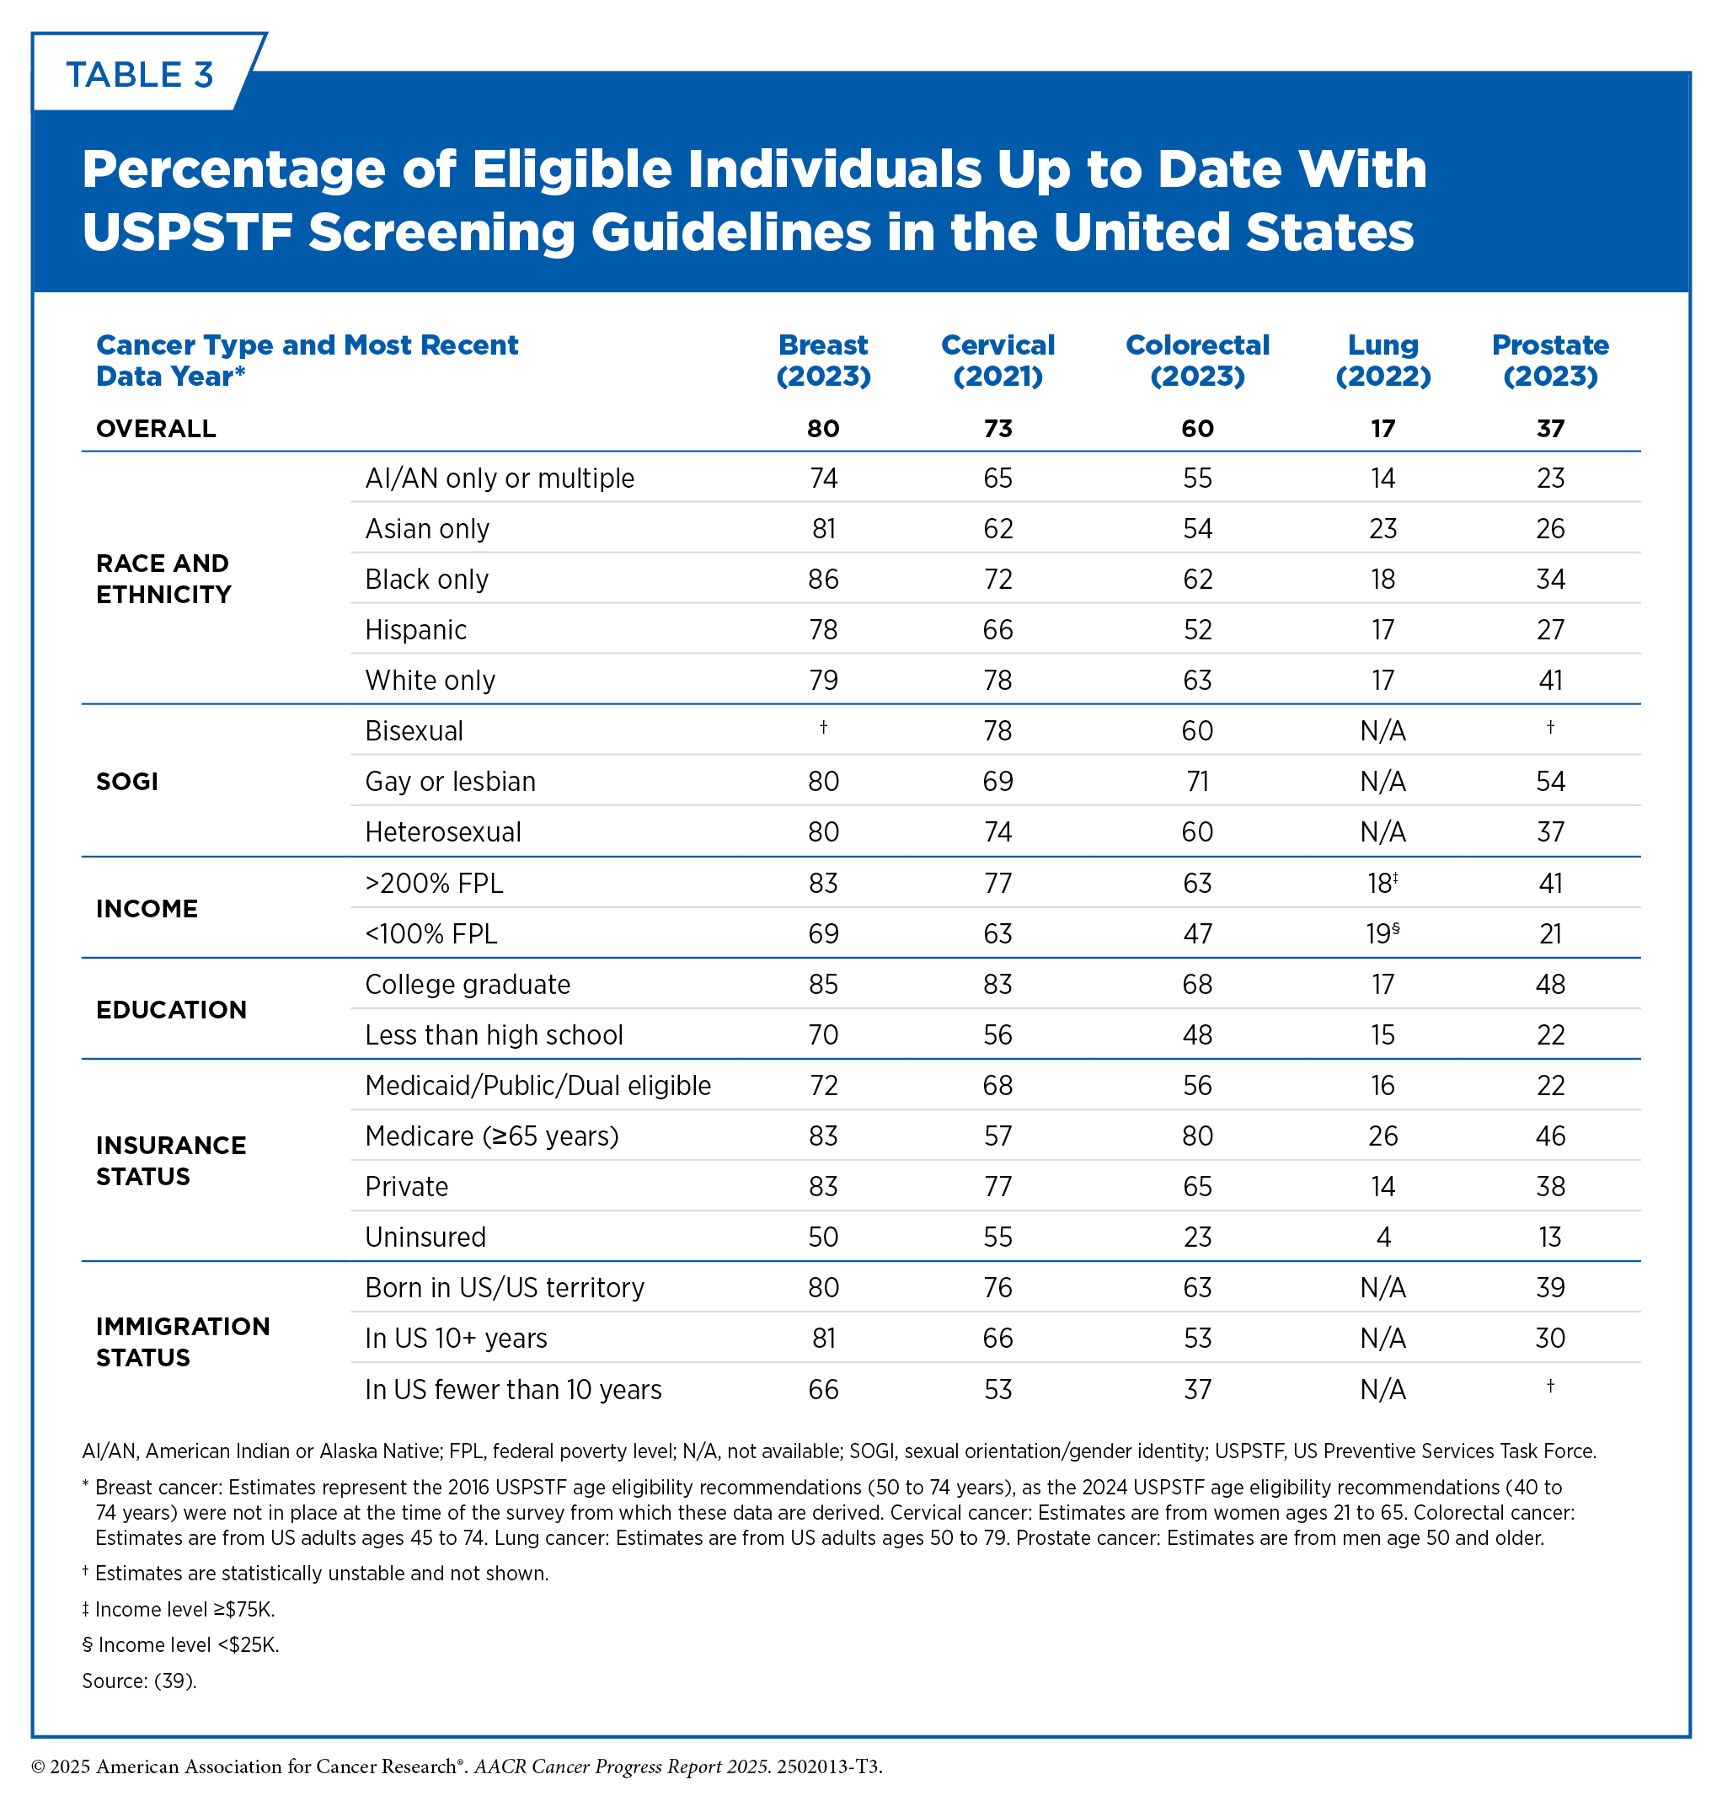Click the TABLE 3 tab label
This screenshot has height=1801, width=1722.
pyautogui.click(x=140, y=74)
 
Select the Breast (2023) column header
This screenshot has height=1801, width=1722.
pyautogui.click(x=823, y=360)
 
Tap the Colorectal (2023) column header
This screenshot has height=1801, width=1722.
pyautogui.click(x=1197, y=360)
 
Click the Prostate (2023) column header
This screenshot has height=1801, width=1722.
pyautogui.click(x=1549, y=360)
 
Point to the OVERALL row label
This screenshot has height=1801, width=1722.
pyautogui.click(x=156, y=429)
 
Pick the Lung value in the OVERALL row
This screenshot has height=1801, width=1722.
pyautogui.click(x=1382, y=429)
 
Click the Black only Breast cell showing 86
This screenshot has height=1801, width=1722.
pyautogui.click(x=823, y=580)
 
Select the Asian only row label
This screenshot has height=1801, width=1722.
pyautogui.click(x=427, y=529)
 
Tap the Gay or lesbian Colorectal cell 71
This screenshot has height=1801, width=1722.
pyautogui.click(x=1197, y=781)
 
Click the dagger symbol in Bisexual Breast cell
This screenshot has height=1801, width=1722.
pyautogui.click(x=823, y=727)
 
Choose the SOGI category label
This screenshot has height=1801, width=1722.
pyautogui.click(x=126, y=781)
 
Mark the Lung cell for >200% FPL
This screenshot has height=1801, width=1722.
pyautogui.click(x=1382, y=882)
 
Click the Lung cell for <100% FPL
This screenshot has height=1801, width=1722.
pyautogui.click(x=1382, y=933)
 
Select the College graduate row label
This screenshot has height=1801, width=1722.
pyautogui.click(x=468, y=984)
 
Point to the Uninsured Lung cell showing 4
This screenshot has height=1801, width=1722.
pyautogui.click(x=1383, y=1237)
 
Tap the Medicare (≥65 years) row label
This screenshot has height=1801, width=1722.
pyautogui.click(x=492, y=1136)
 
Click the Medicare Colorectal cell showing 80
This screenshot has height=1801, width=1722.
pyautogui.click(x=1197, y=1136)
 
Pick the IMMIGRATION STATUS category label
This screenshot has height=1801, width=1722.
pyautogui.click(x=183, y=1341)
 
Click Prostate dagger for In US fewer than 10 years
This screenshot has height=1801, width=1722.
pyautogui.click(x=1550, y=1385)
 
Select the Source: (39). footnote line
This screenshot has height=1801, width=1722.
pyautogui.click(x=140, y=1681)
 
